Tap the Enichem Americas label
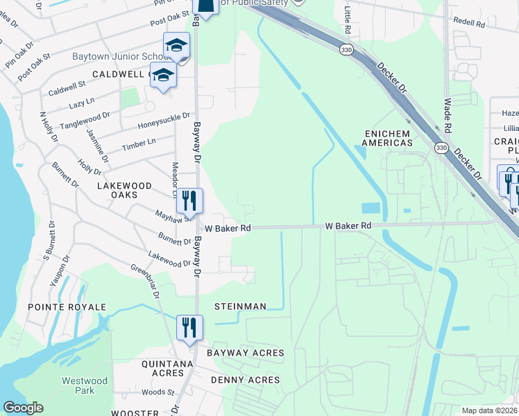[x=387, y=137]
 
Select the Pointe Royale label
[x=67, y=306]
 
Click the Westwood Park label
[x=85, y=385]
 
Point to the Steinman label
[x=240, y=306]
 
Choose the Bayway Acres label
[x=245, y=353]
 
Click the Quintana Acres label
[x=167, y=368]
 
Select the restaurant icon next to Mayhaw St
[x=189, y=201]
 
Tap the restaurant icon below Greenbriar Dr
[x=189, y=328]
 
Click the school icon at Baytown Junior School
[x=176, y=46]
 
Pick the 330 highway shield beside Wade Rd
[x=441, y=148]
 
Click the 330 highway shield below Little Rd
[x=345, y=50]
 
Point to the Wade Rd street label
[x=447, y=115]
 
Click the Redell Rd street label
[x=469, y=23]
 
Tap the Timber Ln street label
[x=139, y=144]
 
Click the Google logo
[x=23, y=408]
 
